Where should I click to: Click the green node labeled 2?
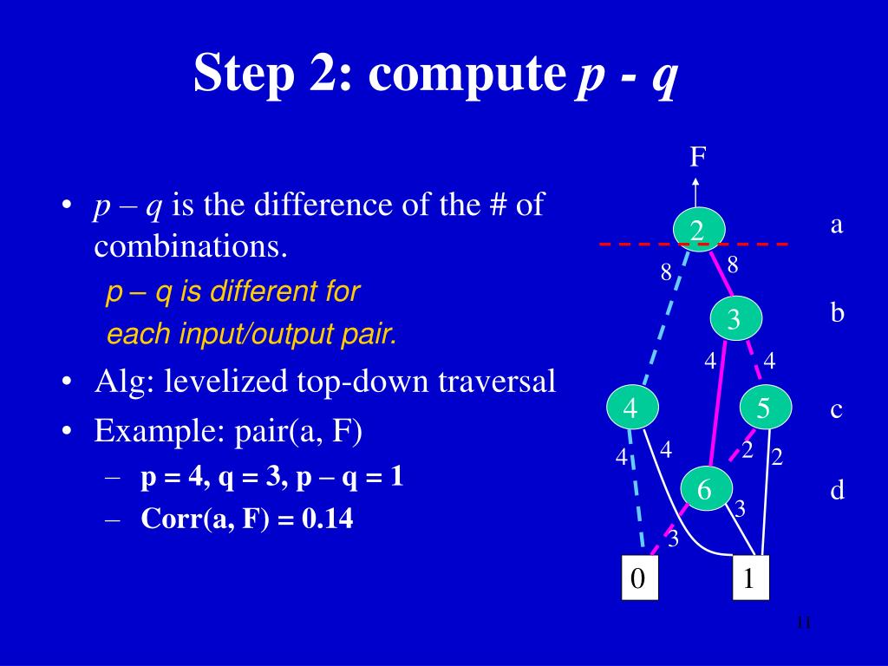pyautogui.click(x=698, y=230)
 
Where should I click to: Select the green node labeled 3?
pyautogui.click(x=735, y=319)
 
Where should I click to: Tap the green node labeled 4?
pyautogui.click(x=631, y=408)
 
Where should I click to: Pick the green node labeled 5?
pyautogui.click(x=764, y=408)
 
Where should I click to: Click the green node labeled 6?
pyautogui.click(x=704, y=490)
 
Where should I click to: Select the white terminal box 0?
pyautogui.click(x=639, y=578)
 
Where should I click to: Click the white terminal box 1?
pyautogui.click(x=750, y=578)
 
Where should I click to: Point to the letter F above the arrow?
pyautogui.click(x=697, y=157)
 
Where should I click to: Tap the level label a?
pyautogui.click(x=837, y=225)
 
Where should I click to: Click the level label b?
pyautogui.click(x=837, y=312)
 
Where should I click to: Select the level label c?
pyautogui.click(x=837, y=409)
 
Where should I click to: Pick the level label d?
pyautogui.click(x=837, y=491)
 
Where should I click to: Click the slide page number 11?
pyautogui.click(x=802, y=623)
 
